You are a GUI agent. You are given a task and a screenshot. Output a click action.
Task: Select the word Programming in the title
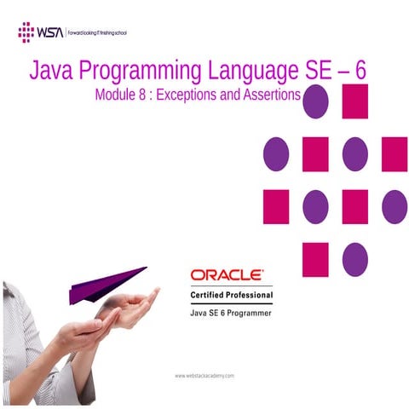(x=136, y=71)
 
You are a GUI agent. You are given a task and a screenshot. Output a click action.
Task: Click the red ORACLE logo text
(x=226, y=276)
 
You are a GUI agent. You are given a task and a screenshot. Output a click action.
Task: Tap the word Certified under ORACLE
(x=210, y=295)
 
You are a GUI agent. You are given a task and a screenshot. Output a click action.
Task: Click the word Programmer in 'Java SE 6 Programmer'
(x=247, y=314)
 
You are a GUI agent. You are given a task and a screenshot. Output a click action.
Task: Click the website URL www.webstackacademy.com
(x=204, y=376)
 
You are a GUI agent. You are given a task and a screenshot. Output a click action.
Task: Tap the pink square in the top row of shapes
(x=354, y=101)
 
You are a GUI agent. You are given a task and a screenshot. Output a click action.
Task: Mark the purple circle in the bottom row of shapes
(x=354, y=259)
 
